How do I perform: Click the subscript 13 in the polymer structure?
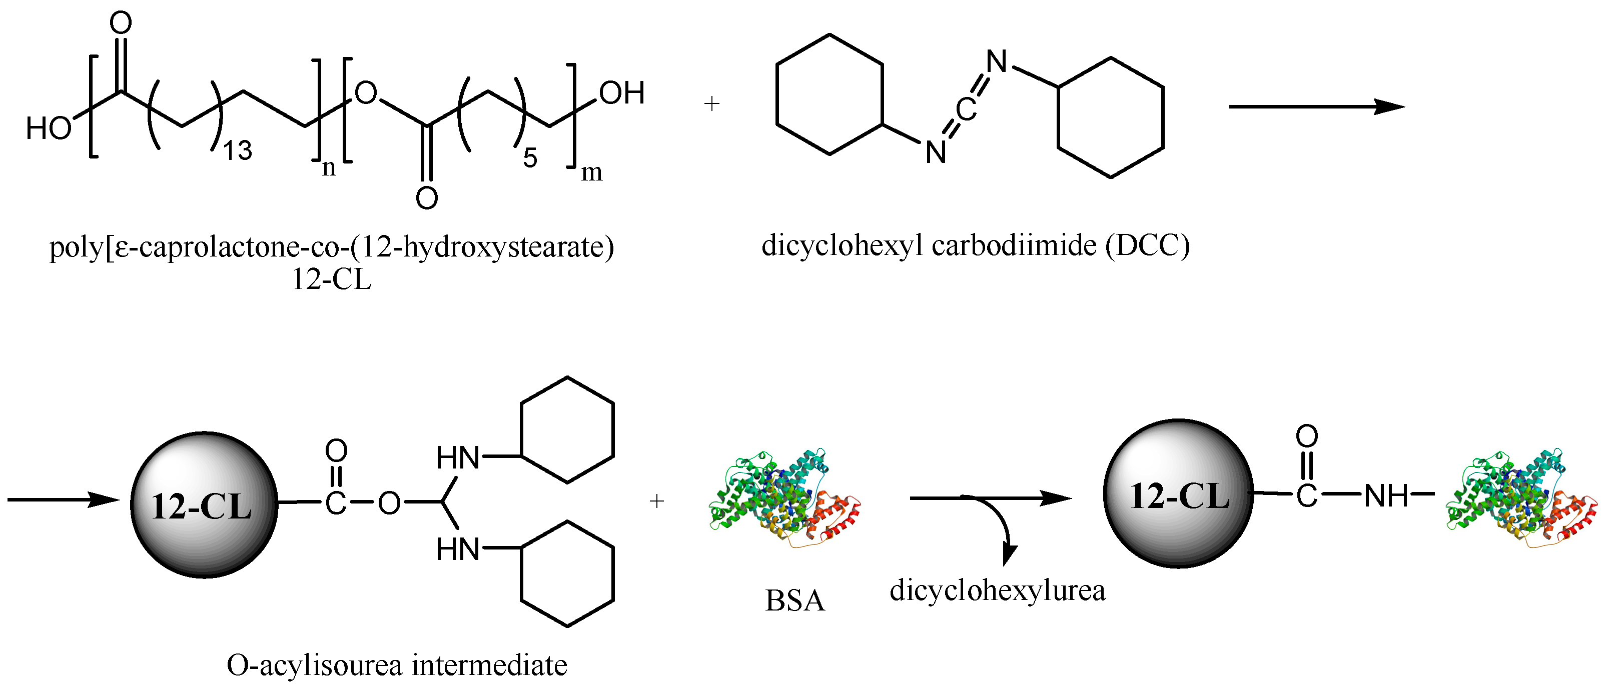click(238, 150)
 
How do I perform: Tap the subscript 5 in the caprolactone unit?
click(530, 158)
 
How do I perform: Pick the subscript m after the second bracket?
click(591, 172)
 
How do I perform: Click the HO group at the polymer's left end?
click(49, 128)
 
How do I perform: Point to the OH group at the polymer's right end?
click(621, 93)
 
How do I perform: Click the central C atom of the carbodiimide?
click(966, 110)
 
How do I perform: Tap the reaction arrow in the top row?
click(1316, 106)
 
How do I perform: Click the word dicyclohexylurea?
click(998, 590)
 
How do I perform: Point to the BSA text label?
click(795, 601)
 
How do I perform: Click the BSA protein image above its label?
click(785, 499)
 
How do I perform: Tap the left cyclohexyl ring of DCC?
click(829, 94)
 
